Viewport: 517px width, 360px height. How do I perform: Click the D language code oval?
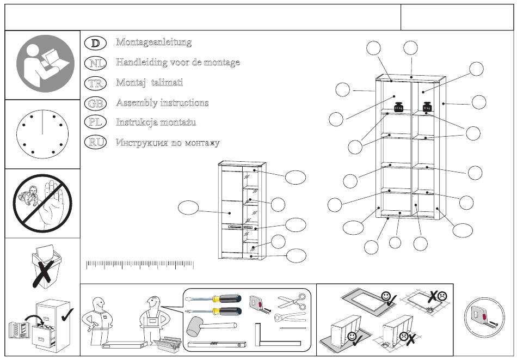[x=96, y=42]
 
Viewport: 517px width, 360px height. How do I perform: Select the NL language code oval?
[x=96, y=63]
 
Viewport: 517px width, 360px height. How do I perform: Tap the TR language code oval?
[x=96, y=83]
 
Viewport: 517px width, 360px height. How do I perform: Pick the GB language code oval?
[x=96, y=103]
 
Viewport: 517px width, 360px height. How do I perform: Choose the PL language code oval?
[x=96, y=123]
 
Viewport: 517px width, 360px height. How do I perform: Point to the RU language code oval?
[x=96, y=143]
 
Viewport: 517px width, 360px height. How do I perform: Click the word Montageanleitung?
[x=153, y=42]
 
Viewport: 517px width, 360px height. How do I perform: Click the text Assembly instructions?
[x=162, y=103]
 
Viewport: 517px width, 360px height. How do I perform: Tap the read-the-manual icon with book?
[x=42, y=65]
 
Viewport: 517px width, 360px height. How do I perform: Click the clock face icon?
[x=42, y=133]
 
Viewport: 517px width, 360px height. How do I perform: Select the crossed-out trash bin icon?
[x=42, y=267]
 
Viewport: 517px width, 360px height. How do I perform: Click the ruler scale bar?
[x=140, y=265]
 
